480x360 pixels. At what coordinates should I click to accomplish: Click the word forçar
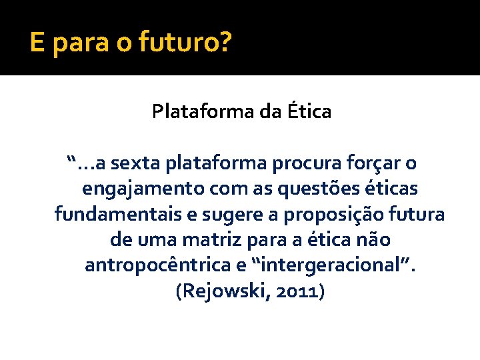372,163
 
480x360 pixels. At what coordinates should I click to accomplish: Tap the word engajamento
143,189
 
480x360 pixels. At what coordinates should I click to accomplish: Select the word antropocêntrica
156,265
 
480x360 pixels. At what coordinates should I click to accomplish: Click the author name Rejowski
219,291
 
